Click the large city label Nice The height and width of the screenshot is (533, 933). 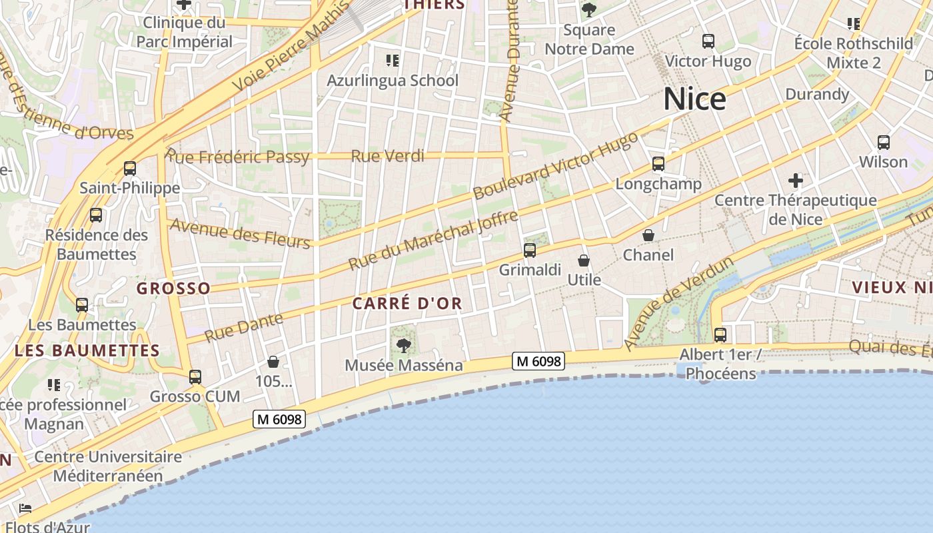click(694, 99)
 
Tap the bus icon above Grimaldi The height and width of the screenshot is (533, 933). click(530, 251)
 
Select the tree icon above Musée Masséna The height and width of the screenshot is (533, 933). click(403, 345)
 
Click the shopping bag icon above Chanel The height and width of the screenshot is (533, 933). click(648, 235)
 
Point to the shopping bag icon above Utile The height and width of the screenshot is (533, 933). click(584, 260)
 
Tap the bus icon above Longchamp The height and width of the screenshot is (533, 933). click(658, 164)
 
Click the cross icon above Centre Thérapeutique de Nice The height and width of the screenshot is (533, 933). click(796, 180)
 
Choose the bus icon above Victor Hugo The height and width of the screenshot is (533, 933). click(708, 41)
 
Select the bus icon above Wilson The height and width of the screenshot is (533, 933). click(884, 142)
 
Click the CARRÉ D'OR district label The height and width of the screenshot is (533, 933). click(407, 304)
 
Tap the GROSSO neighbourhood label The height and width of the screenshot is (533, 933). click(173, 288)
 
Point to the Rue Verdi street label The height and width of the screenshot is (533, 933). click(387, 156)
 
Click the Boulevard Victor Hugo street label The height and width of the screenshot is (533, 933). click(555, 165)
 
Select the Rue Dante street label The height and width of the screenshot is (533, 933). click(243, 328)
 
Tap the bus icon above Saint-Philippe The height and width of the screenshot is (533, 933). click(130, 169)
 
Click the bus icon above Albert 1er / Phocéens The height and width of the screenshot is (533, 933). click(720, 334)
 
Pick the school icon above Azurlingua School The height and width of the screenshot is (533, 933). click(393, 61)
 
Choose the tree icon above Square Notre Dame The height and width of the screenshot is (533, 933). click(588, 9)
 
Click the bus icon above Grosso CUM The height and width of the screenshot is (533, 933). click(195, 377)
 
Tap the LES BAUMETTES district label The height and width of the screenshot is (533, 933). click(87, 350)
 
